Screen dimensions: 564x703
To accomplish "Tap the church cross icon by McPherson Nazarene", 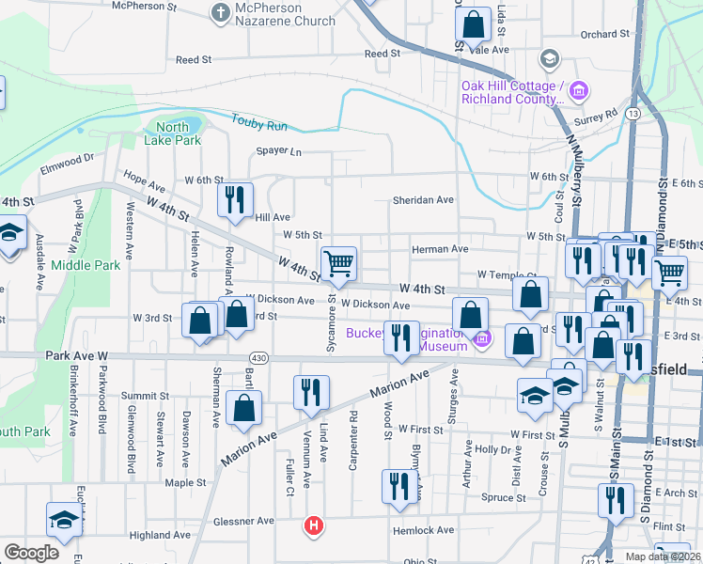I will tap(220, 13).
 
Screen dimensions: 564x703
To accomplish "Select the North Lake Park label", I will tap(173, 133).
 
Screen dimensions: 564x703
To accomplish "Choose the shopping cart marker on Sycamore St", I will tap(338, 263).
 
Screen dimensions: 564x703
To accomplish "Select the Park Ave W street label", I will tap(77, 357).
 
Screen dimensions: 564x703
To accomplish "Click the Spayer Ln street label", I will tap(279, 151).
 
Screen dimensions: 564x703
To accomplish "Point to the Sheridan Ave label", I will tap(423, 200).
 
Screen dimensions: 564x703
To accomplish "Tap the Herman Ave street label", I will tap(440, 249).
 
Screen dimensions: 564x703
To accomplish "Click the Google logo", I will tap(31, 553).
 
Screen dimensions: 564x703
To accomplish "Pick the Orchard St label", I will tap(598, 35).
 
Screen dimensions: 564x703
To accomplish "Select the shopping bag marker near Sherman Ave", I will tap(243, 408).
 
